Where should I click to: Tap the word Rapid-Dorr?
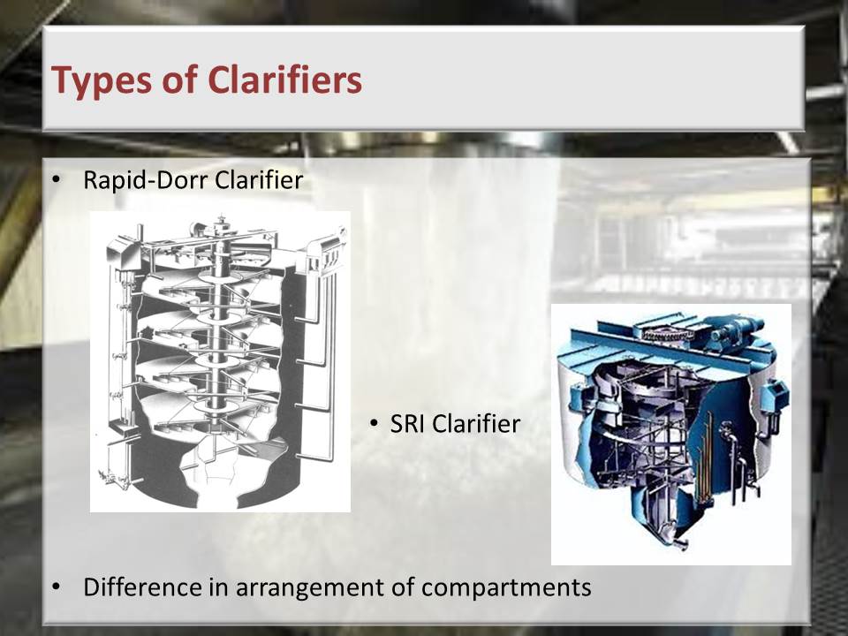[x=146, y=180]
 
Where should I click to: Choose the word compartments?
[x=505, y=588]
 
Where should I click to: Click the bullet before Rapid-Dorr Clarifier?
[x=56, y=180]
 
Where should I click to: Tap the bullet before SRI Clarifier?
[x=375, y=424]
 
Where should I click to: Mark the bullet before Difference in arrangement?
[x=56, y=587]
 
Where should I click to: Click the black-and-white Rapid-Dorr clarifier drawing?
[x=220, y=361]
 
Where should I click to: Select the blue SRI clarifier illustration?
[x=671, y=435]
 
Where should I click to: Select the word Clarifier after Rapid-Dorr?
[x=259, y=180]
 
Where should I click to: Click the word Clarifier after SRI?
[x=476, y=424]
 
